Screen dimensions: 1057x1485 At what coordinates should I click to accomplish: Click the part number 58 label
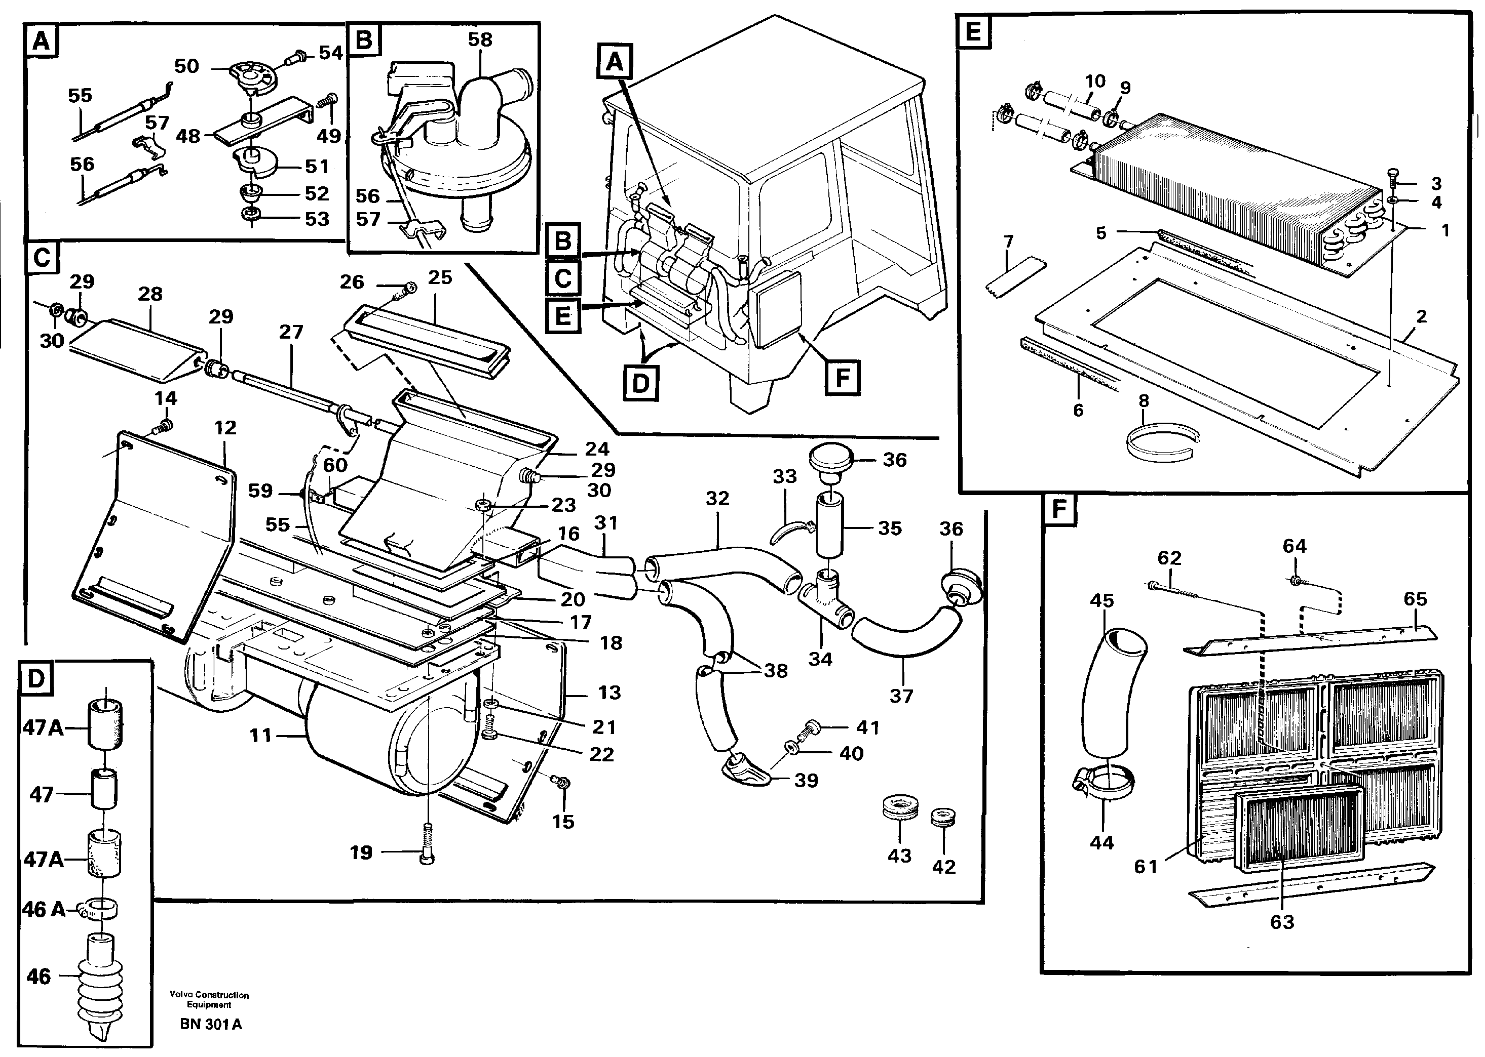pos(480,39)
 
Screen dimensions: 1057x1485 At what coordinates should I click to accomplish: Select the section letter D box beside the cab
pos(640,383)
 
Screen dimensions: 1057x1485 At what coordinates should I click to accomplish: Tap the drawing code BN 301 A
pos(210,1024)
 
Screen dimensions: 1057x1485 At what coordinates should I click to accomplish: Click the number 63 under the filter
pos(1281,922)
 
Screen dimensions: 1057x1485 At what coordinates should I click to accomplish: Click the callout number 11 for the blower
pos(260,736)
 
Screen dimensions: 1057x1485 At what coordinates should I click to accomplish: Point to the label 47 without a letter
pos(41,794)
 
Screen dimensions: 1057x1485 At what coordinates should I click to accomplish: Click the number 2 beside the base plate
pos(1421,317)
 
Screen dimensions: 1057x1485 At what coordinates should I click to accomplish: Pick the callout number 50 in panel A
pos(186,66)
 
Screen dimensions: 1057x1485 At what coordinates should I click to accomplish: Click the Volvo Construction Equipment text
pos(209,1000)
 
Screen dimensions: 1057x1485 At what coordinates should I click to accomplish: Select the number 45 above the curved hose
pos(1101,601)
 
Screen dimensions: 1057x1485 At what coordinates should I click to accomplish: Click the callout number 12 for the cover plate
pos(225,428)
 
